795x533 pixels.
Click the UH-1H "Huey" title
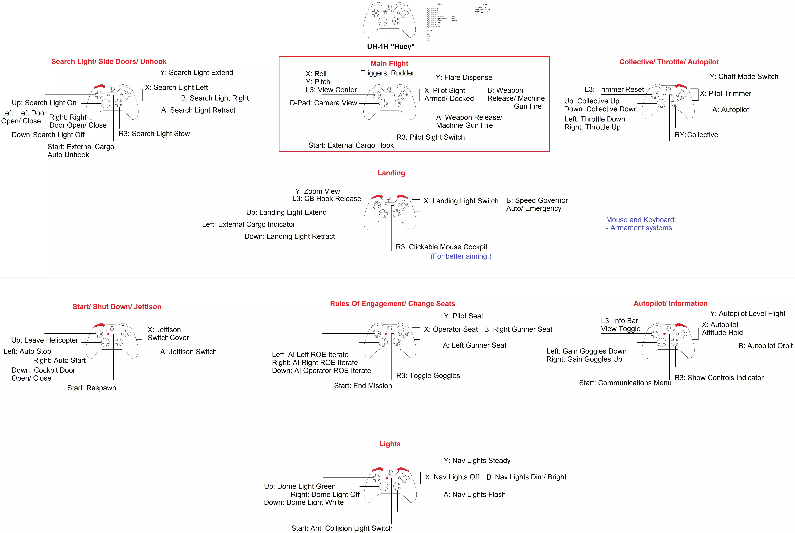point(391,47)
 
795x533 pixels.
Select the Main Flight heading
point(389,64)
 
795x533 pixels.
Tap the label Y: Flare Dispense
point(464,77)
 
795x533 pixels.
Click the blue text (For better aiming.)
point(461,256)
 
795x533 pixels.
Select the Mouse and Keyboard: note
point(641,220)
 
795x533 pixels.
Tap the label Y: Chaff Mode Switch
point(744,76)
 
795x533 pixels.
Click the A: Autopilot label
point(730,109)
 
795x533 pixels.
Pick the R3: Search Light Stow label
point(154,134)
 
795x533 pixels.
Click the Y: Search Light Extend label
point(197,72)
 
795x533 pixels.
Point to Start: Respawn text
point(91,388)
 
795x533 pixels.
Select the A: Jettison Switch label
point(188,352)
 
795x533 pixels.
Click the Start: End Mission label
point(363,385)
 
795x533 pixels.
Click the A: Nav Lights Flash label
point(474,495)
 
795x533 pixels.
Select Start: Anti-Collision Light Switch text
point(342,528)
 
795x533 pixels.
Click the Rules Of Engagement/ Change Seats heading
point(392,304)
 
